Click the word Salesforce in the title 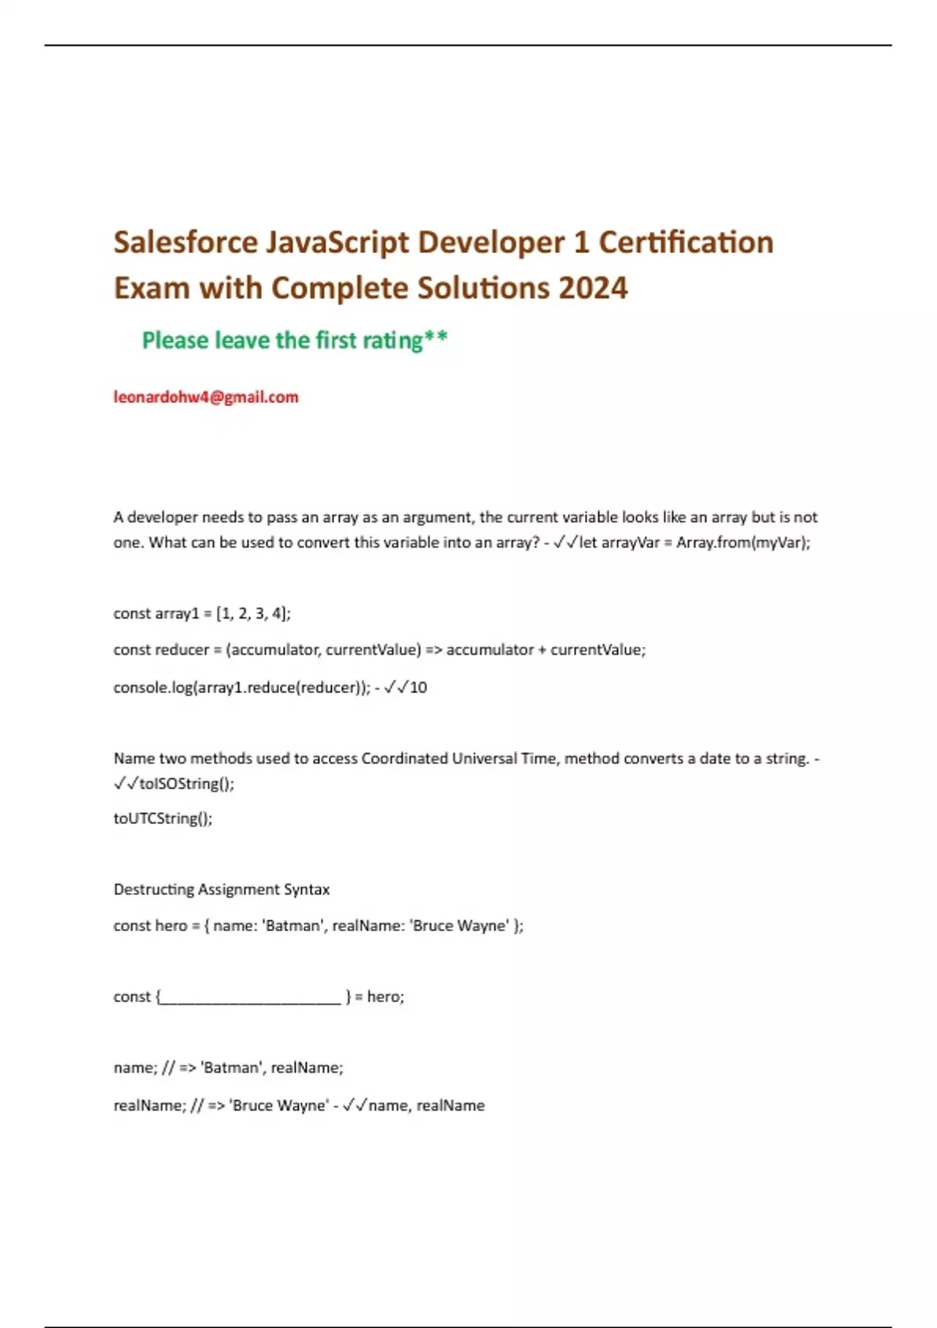click(185, 243)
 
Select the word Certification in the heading click(686, 243)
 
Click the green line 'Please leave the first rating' click(294, 341)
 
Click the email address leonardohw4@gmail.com click(205, 397)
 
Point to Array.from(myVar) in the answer click(742, 542)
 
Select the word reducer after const click(183, 650)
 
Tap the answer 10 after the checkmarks click(419, 687)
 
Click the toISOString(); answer click(186, 784)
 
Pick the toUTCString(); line click(162, 819)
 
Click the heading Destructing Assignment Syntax click(221, 890)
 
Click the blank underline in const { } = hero click(251, 998)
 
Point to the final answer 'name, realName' click(426, 1105)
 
